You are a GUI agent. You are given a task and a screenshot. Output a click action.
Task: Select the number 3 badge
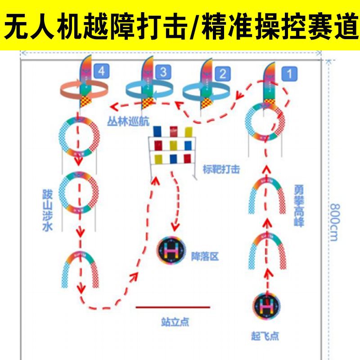[x=163, y=72]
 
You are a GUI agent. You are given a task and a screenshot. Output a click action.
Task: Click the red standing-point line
[x=173, y=307]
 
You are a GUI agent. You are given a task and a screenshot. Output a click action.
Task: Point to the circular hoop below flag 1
[x=265, y=122]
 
